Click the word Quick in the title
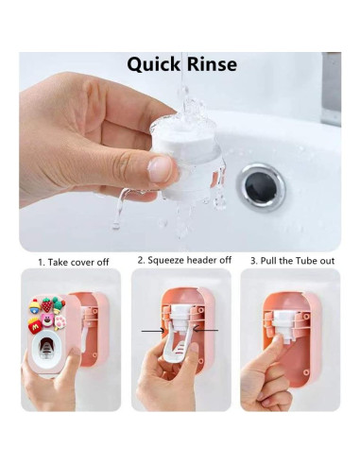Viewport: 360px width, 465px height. (x=154, y=65)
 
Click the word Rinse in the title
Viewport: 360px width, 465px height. (x=211, y=64)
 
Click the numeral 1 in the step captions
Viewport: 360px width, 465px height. (x=41, y=261)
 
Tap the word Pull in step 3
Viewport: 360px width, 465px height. (x=269, y=260)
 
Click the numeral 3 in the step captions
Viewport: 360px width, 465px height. (x=253, y=260)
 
